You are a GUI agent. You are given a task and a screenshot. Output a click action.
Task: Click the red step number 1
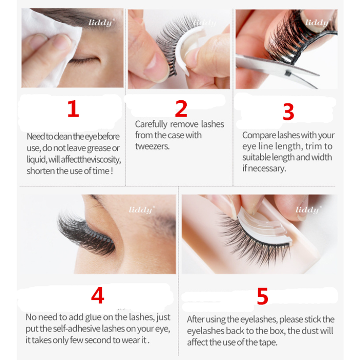click(73, 109)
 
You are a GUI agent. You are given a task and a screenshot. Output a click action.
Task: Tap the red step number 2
click(181, 109)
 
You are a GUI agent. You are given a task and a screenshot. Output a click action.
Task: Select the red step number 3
click(289, 112)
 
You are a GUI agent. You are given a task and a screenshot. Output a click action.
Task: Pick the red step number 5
click(262, 297)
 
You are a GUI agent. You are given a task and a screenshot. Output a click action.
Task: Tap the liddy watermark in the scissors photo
click(316, 23)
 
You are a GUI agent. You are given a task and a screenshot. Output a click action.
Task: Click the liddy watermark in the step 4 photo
click(140, 210)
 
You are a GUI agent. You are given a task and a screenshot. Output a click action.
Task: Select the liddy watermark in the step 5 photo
click(308, 210)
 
